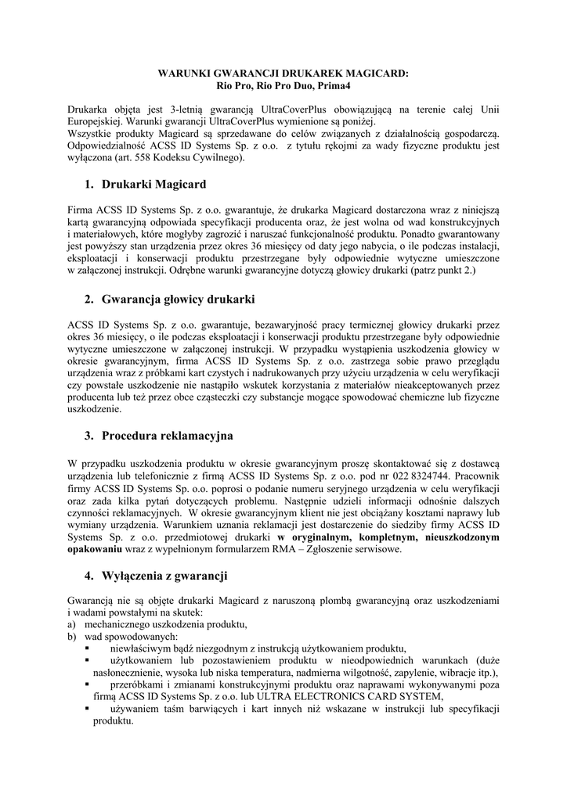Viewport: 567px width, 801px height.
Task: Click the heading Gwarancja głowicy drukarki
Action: coord(179,299)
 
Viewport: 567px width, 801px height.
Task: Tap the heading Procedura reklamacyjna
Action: coord(168,435)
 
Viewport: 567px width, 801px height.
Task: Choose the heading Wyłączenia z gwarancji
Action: coord(164,576)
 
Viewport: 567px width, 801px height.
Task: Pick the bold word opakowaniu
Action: coord(96,549)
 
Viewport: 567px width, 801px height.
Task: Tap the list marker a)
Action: coord(72,624)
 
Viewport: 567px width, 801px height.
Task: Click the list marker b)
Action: coord(73,637)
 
